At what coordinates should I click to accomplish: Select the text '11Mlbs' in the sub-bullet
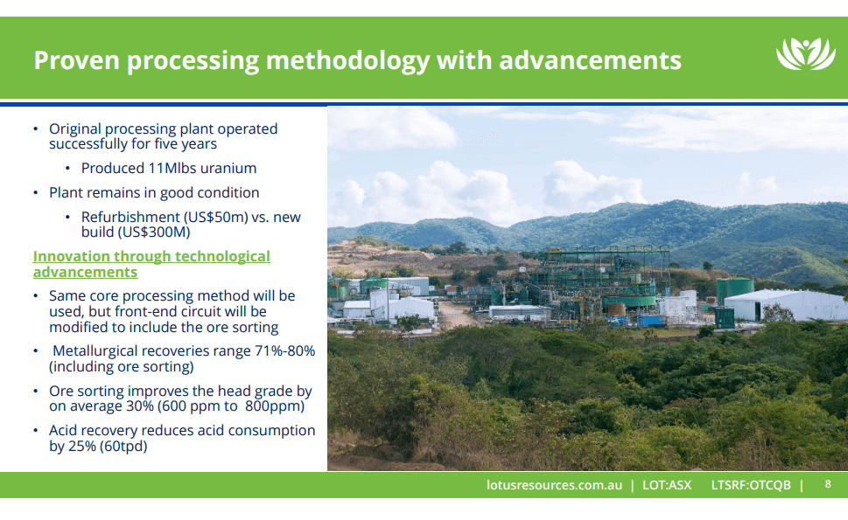coord(170,168)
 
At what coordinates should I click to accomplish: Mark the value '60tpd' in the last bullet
coord(124,447)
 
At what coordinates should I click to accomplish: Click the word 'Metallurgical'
coord(97,350)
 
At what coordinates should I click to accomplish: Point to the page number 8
coord(828,485)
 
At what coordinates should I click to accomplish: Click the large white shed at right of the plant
coord(775,305)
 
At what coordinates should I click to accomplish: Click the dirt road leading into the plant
coord(455,315)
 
